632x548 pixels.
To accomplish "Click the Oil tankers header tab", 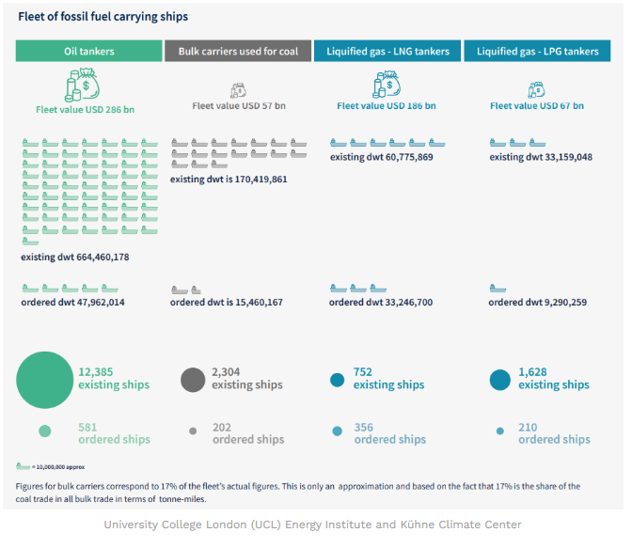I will pos(88,51).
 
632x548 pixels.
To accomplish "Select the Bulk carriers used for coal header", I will pos(238,51).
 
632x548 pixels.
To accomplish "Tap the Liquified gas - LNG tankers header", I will pos(387,51).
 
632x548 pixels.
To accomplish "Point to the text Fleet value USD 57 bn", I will pos(238,106).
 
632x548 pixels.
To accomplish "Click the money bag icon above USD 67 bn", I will pos(536,89).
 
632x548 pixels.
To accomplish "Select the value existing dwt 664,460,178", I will pos(75,257).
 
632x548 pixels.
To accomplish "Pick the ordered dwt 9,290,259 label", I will pos(538,303).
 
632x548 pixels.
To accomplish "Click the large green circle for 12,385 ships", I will pos(44,379).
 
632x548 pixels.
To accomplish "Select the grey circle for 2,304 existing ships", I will pos(193,379).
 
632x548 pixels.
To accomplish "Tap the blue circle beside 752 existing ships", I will pos(337,380).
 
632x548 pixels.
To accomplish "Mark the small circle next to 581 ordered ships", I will pos(44,431).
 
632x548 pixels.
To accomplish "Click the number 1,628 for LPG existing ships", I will pos(532,372).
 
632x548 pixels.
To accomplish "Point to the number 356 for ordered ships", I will pos(364,427).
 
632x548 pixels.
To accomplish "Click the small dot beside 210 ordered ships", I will pos(499,432).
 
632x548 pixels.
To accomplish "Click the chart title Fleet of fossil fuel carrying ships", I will pos(103,16).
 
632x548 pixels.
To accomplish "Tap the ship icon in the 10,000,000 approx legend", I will pos(24,465).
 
